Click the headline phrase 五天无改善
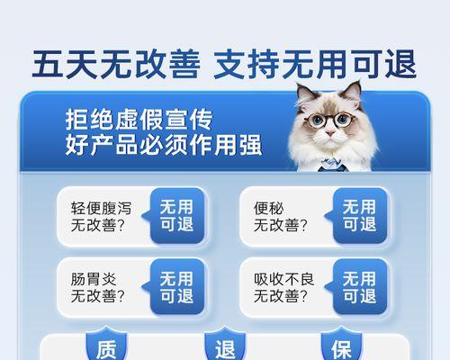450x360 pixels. (116, 64)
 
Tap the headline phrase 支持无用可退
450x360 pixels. (315, 64)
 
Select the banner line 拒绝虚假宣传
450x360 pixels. (139, 120)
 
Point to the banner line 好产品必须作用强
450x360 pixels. (164, 145)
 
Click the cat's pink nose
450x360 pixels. (330, 132)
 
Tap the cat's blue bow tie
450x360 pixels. (332, 165)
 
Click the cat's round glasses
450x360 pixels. (328, 120)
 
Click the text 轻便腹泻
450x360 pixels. (101, 208)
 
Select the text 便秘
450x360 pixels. (268, 208)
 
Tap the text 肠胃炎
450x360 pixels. (94, 279)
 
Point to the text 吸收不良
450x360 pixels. (283, 279)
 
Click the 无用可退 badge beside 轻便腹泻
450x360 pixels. (176, 215)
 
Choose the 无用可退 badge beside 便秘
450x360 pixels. (359, 215)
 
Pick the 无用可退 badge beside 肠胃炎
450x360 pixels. (176, 287)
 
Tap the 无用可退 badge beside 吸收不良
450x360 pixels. (359, 287)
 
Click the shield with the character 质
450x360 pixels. (106, 345)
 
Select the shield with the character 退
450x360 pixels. (225, 345)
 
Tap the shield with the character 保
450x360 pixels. (341, 345)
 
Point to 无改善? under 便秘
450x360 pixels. (281, 225)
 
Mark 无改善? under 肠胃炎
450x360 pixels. (97, 296)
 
